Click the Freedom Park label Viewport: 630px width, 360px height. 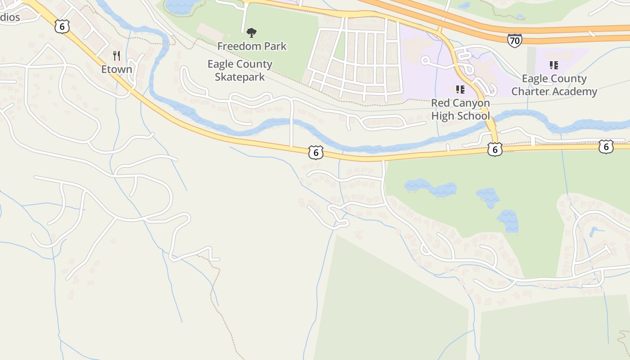click(x=252, y=46)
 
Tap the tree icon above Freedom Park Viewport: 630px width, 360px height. click(x=252, y=32)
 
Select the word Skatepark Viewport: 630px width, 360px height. click(x=239, y=77)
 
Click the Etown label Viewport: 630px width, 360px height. click(x=117, y=69)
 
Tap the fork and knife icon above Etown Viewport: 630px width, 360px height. click(x=117, y=56)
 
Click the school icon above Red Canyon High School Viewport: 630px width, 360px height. click(x=460, y=90)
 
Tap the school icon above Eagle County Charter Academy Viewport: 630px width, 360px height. click(x=554, y=65)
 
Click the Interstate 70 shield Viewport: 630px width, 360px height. click(x=514, y=40)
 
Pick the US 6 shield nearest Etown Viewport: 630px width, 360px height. click(x=62, y=27)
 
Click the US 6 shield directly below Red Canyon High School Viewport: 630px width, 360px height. click(x=495, y=149)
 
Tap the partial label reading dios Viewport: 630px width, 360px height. click(x=9, y=17)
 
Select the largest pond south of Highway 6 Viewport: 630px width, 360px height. click(x=430, y=188)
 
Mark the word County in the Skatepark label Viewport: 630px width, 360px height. click(x=255, y=64)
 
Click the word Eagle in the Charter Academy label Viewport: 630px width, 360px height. click(x=535, y=79)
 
